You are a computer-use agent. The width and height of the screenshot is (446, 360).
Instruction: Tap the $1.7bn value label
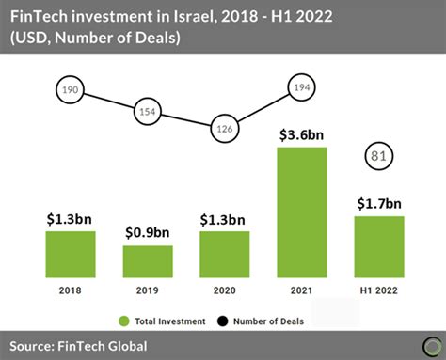point(379,204)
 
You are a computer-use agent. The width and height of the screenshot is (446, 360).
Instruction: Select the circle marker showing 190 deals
point(71,90)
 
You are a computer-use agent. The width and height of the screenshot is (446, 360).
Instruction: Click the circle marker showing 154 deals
point(148,111)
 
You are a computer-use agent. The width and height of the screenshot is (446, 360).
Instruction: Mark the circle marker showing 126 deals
point(225,129)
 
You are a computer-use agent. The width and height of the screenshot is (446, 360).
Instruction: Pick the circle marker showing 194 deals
point(302,87)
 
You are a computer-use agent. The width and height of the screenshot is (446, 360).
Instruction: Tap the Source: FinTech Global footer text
point(80,346)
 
